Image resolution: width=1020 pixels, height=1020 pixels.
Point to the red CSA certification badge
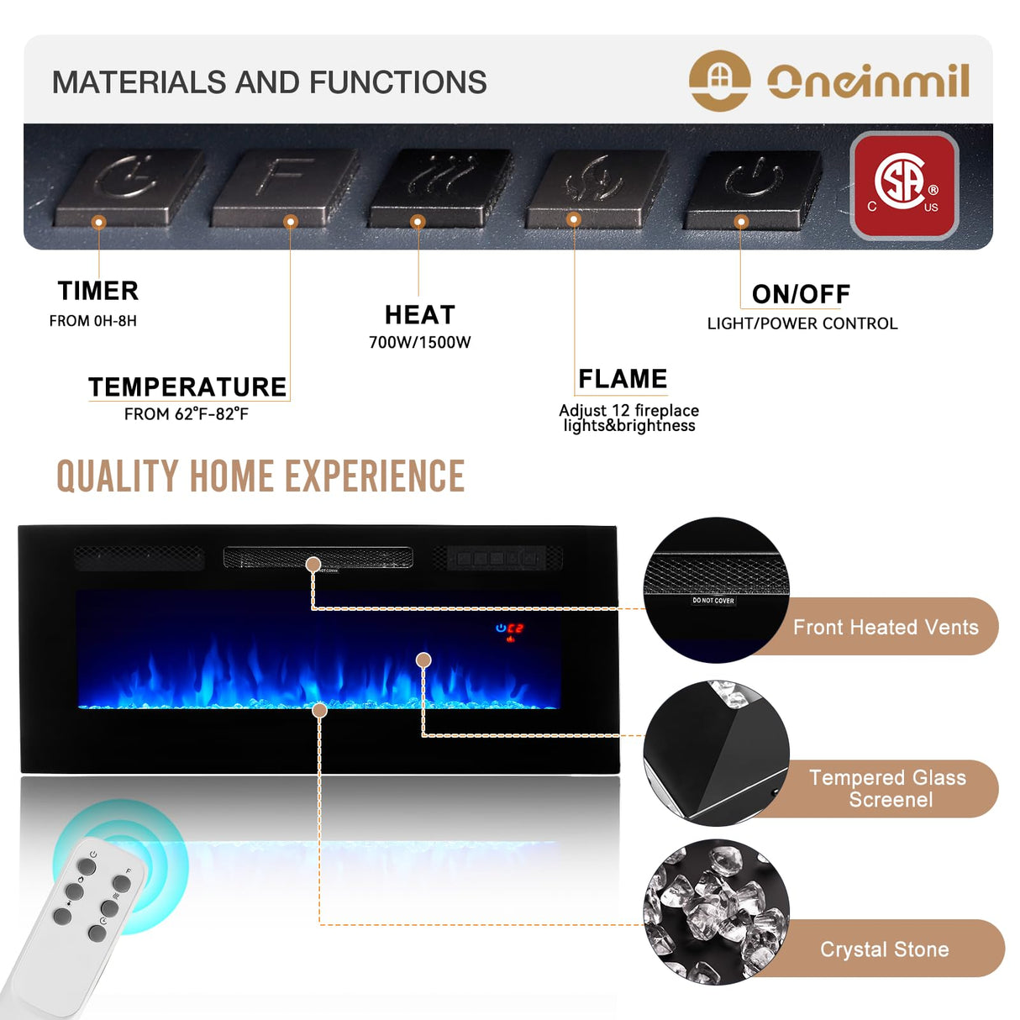click(x=904, y=186)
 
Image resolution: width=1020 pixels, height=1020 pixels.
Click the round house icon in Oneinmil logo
click(x=718, y=81)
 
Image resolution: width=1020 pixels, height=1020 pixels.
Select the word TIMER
click(x=98, y=291)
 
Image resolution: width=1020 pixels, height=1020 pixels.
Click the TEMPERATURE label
click(x=187, y=386)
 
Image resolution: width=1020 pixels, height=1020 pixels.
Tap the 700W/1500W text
click(x=419, y=342)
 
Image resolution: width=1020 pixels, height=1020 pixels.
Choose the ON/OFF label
click(x=801, y=294)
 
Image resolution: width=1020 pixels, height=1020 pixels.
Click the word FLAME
click(x=623, y=379)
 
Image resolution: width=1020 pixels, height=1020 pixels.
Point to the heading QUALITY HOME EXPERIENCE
click(x=260, y=476)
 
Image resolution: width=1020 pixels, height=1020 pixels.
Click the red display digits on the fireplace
click(x=515, y=628)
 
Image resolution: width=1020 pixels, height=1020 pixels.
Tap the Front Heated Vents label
click(x=886, y=627)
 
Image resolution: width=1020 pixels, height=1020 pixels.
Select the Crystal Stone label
click(x=884, y=949)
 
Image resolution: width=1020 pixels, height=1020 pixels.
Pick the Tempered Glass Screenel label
click(x=888, y=788)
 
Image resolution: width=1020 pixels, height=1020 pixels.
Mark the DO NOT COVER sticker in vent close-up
click(x=712, y=601)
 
